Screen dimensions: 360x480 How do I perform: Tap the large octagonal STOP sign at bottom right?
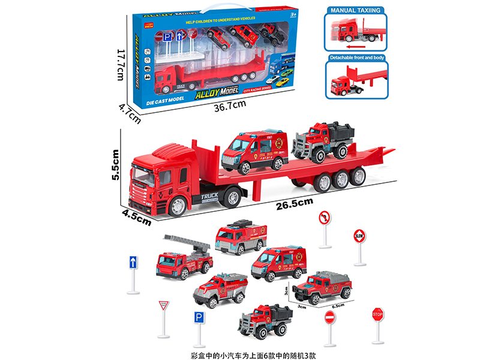pos(377,313)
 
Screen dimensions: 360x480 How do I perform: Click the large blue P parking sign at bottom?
pos(197,318)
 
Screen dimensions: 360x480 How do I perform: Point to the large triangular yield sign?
pos(162,307)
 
